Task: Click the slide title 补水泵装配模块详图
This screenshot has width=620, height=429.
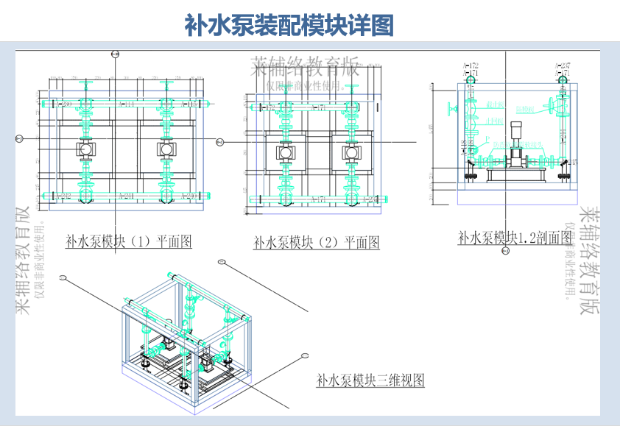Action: pyautogui.click(x=289, y=25)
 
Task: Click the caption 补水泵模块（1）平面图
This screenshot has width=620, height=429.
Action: pyautogui.click(x=129, y=241)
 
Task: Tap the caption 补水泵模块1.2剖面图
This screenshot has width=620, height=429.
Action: pyautogui.click(x=515, y=237)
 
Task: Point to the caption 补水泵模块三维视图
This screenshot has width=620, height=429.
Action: pyautogui.click(x=370, y=380)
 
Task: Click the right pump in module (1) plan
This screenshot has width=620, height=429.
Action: pyautogui.click(x=166, y=149)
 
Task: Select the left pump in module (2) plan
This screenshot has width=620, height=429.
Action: pyautogui.click(x=284, y=152)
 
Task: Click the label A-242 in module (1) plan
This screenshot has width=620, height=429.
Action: pyautogui.click(x=64, y=196)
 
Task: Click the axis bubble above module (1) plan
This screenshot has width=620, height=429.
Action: pyautogui.click(x=114, y=54)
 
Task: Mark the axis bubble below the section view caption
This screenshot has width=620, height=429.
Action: pyautogui.click(x=504, y=252)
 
